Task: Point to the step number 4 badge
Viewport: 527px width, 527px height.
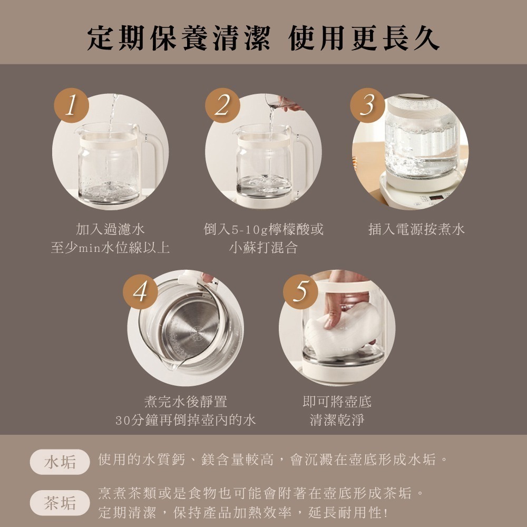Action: pos(140,291)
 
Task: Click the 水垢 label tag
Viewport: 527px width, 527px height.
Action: pos(60,462)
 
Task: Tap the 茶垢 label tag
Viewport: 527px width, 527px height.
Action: pos(60,503)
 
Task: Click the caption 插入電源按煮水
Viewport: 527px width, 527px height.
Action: pos(416,229)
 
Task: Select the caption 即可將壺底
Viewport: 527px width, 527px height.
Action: pos(337,402)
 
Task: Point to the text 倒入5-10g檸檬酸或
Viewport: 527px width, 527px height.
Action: pos(263,229)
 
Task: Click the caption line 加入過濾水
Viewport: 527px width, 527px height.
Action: pos(110,229)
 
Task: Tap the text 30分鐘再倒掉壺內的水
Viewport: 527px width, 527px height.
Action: pos(186,420)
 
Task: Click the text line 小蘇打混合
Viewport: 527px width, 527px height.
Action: pos(263,248)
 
